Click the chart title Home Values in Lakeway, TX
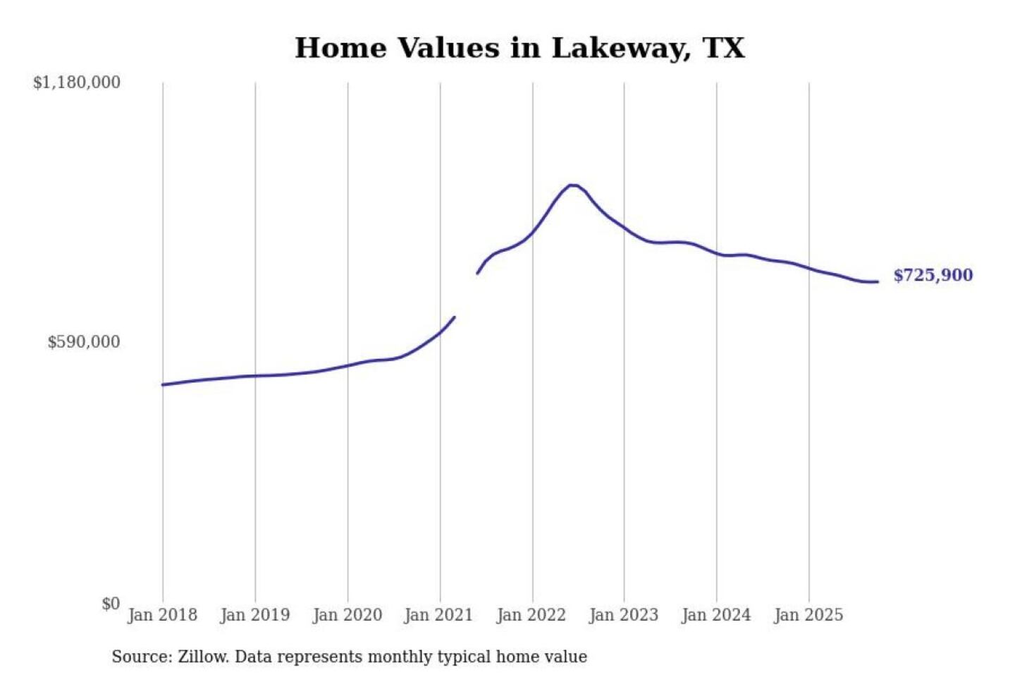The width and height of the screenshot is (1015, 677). tap(519, 48)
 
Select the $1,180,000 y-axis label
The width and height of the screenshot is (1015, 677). tap(77, 83)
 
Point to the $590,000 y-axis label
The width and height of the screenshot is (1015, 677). tap(84, 342)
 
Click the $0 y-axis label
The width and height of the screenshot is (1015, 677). tap(111, 604)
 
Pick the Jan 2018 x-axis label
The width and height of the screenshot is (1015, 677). tap(163, 615)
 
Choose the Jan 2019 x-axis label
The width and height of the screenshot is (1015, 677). tap(255, 615)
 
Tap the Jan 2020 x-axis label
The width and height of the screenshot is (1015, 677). tap(347, 615)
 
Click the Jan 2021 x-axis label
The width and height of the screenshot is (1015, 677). tap(438, 615)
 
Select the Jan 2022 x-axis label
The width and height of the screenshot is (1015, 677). tap(531, 615)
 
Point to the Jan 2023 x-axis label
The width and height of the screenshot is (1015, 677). tap(624, 615)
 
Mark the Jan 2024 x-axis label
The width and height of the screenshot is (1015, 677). tap(716, 615)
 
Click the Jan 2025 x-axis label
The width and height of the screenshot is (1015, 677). tap(808, 615)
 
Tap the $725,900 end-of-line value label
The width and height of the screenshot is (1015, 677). tap(933, 275)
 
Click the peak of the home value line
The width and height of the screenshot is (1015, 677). tap(573, 185)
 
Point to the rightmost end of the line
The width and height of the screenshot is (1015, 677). tap(878, 281)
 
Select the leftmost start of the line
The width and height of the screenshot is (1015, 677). tap(163, 384)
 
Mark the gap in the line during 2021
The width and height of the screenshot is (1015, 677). tap(466, 295)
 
